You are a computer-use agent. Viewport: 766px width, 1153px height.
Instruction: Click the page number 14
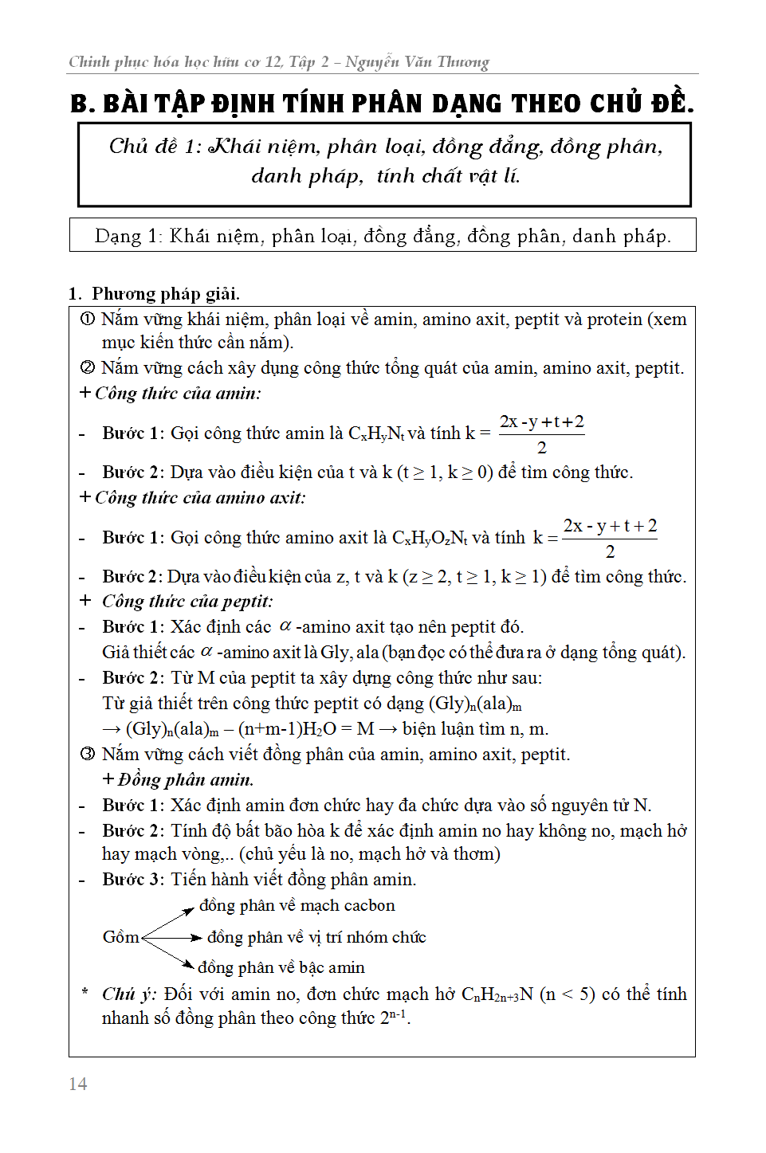[78, 1084]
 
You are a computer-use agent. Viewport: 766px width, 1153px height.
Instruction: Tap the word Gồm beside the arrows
[120, 937]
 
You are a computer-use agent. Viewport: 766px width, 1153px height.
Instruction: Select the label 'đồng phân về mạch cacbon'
[297, 906]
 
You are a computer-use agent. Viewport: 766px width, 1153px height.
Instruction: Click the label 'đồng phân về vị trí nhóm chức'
[316, 937]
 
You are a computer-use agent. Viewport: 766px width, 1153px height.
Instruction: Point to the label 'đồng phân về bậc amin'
[281, 967]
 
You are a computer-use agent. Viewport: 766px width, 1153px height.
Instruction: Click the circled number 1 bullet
[88, 320]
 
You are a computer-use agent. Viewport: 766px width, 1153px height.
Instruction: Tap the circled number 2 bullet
[88, 368]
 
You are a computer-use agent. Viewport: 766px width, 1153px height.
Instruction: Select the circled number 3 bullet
[88, 755]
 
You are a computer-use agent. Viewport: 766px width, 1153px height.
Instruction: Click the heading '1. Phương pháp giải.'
[154, 294]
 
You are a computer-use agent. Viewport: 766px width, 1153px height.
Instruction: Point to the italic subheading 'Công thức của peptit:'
[187, 602]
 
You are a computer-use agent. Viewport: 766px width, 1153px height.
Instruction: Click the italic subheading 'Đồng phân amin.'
[185, 780]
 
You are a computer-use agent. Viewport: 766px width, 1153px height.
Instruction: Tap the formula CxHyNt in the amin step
[376, 434]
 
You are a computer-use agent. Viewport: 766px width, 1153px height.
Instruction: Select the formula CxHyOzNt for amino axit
[430, 539]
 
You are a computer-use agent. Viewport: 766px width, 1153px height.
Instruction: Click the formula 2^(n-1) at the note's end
[394, 1018]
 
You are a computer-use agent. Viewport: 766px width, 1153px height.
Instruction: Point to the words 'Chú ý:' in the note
[129, 994]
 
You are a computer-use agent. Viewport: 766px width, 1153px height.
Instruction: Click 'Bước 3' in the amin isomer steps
[133, 880]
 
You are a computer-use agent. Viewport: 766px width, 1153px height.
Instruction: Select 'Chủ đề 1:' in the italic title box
[155, 147]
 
